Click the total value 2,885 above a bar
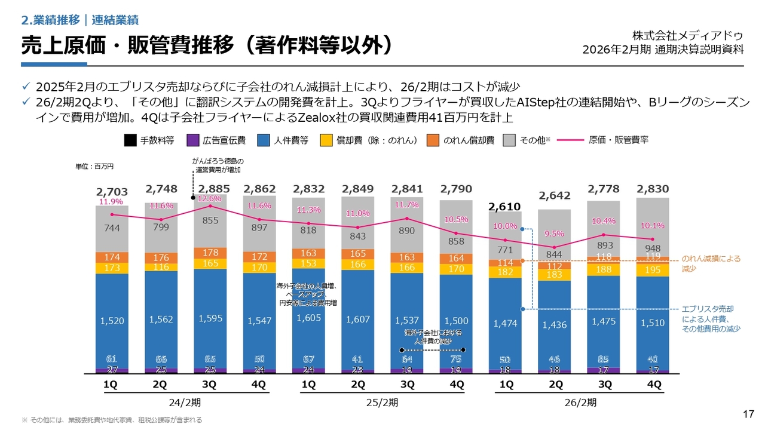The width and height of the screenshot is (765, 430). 210,189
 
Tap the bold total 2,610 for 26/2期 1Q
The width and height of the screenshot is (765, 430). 506,207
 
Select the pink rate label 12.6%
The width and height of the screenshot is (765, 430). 210,199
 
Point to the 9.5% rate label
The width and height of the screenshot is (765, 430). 554,234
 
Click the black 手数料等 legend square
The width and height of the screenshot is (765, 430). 130,140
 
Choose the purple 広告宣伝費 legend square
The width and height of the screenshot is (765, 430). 192,140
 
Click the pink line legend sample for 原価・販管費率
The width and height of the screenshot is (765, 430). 570,140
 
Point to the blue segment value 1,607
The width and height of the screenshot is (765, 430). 357,320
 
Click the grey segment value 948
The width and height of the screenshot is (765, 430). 653,248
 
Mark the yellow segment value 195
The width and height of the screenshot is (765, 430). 653,271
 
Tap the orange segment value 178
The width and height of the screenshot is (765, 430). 210,253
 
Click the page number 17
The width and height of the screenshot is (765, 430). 748,414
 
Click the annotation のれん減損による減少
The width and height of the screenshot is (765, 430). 711,263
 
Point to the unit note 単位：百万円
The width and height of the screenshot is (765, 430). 99,166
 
